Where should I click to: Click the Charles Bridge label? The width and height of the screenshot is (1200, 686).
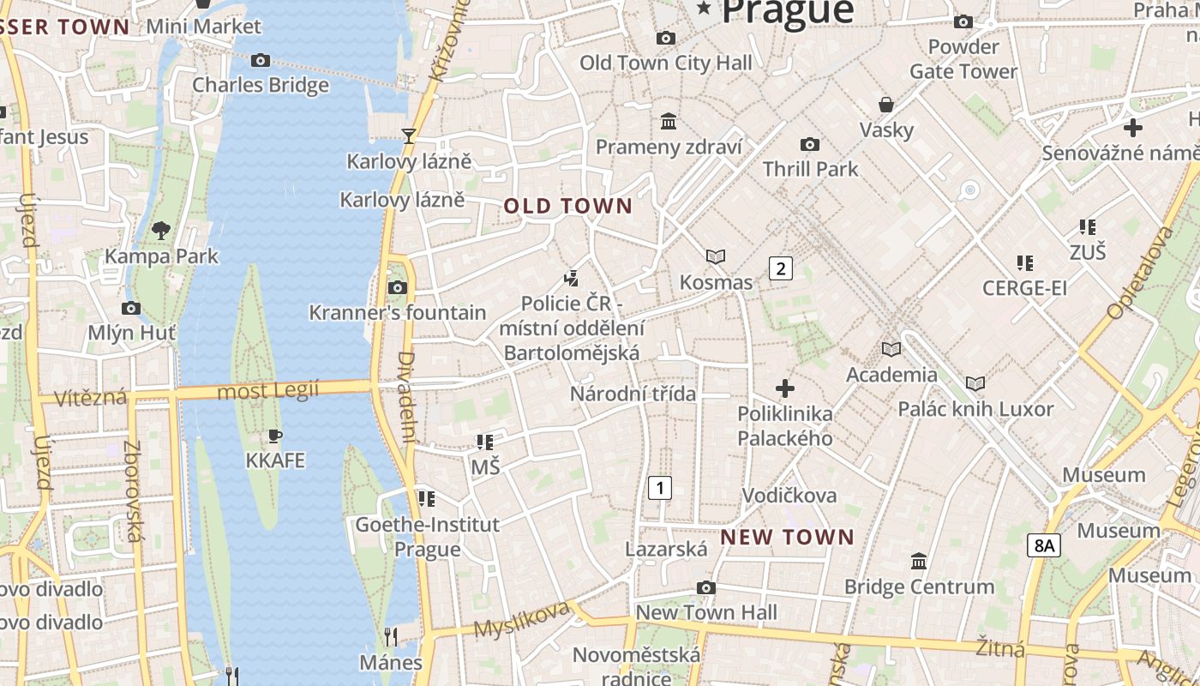click(261, 85)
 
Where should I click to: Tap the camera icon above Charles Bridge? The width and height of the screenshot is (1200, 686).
click(261, 60)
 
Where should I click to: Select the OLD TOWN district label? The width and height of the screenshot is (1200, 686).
click(567, 206)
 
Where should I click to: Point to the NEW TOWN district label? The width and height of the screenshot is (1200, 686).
click(787, 538)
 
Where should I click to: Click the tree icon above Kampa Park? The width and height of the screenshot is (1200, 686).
click(160, 230)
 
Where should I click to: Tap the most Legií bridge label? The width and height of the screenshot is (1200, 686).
click(268, 391)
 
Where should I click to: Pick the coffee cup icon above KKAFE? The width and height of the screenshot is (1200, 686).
click(275, 436)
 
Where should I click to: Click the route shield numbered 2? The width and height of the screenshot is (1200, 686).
click(780, 268)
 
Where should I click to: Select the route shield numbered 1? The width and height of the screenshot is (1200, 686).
click(659, 488)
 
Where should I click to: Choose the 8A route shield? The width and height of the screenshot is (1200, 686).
click(1044, 545)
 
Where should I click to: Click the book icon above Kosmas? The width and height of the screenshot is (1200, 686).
click(716, 256)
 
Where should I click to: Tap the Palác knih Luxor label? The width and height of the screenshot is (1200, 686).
click(975, 408)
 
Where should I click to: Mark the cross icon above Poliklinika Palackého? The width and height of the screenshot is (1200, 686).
click(784, 388)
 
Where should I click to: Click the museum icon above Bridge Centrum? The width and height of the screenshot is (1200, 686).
click(919, 562)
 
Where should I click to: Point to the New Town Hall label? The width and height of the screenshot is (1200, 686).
click(706, 612)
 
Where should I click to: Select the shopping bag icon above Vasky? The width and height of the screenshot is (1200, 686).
click(886, 105)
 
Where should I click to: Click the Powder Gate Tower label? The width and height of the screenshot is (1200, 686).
click(963, 58)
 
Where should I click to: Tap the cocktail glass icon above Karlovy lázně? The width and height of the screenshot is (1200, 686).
click(409, 135)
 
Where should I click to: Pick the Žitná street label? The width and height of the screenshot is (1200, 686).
click(1000, 647)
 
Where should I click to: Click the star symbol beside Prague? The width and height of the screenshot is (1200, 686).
click(705, 9)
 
